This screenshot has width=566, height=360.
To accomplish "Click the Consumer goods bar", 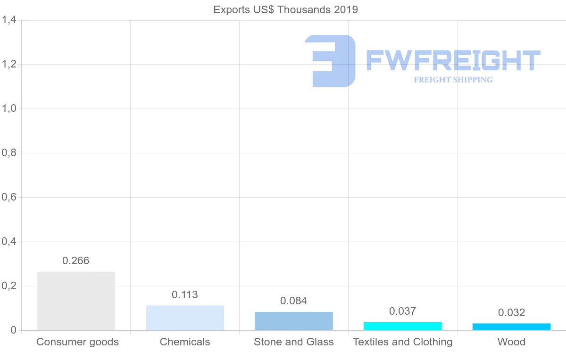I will [76, 301].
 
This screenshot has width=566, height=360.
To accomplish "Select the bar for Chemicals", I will [185, 318].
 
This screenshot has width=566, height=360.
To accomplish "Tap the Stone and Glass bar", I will [294, 321].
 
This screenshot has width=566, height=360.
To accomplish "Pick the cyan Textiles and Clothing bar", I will [403, 326].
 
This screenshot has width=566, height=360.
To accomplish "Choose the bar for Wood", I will [512, 327].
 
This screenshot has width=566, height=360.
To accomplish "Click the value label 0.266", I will [76, 261].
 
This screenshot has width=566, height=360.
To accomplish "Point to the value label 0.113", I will [185, 295].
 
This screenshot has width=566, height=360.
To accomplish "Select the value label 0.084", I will [294, 301].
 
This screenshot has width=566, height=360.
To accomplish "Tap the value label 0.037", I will [403, 311].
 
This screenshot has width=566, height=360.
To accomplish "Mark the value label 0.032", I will [512, 313].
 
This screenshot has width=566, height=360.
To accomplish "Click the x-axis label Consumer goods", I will [78, 342].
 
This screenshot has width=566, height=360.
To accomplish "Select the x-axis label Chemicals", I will [185, 342].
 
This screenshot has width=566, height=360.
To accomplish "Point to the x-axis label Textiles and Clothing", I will [403, 342].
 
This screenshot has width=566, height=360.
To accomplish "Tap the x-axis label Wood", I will [512, 342].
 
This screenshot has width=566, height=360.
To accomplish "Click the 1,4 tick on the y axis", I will [9, 20].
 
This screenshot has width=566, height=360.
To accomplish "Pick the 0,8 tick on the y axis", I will [9, 153].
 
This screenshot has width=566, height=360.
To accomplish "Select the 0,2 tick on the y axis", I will [9, 286].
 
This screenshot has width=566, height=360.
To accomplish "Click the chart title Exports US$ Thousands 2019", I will [286, 10].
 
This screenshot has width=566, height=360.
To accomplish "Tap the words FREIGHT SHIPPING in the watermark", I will [453, 80].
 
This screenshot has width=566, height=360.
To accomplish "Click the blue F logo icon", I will [330, 61].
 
